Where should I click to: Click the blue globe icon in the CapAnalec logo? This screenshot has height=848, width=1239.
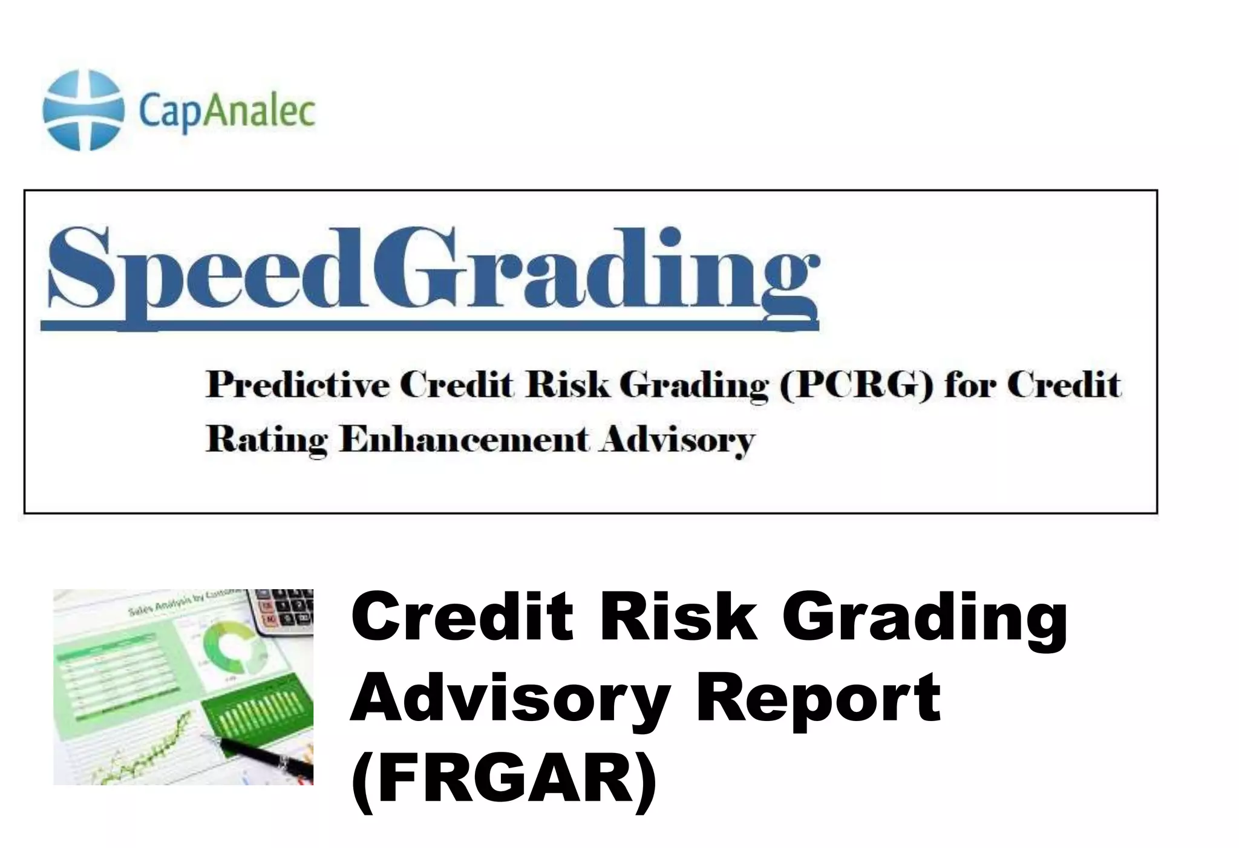(x=83, y=110)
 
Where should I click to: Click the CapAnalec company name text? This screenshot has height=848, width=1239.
(x=227, y=111)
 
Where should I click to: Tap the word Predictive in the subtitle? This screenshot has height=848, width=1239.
(x=298, y=385)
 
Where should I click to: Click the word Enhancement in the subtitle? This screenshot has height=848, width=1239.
(x=463, y=439)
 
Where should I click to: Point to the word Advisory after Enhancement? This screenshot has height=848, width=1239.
(x=677, y=440)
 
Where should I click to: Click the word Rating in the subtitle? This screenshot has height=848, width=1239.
(x=267, y=440)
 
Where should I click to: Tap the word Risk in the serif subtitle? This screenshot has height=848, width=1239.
(x=567, y=385)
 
